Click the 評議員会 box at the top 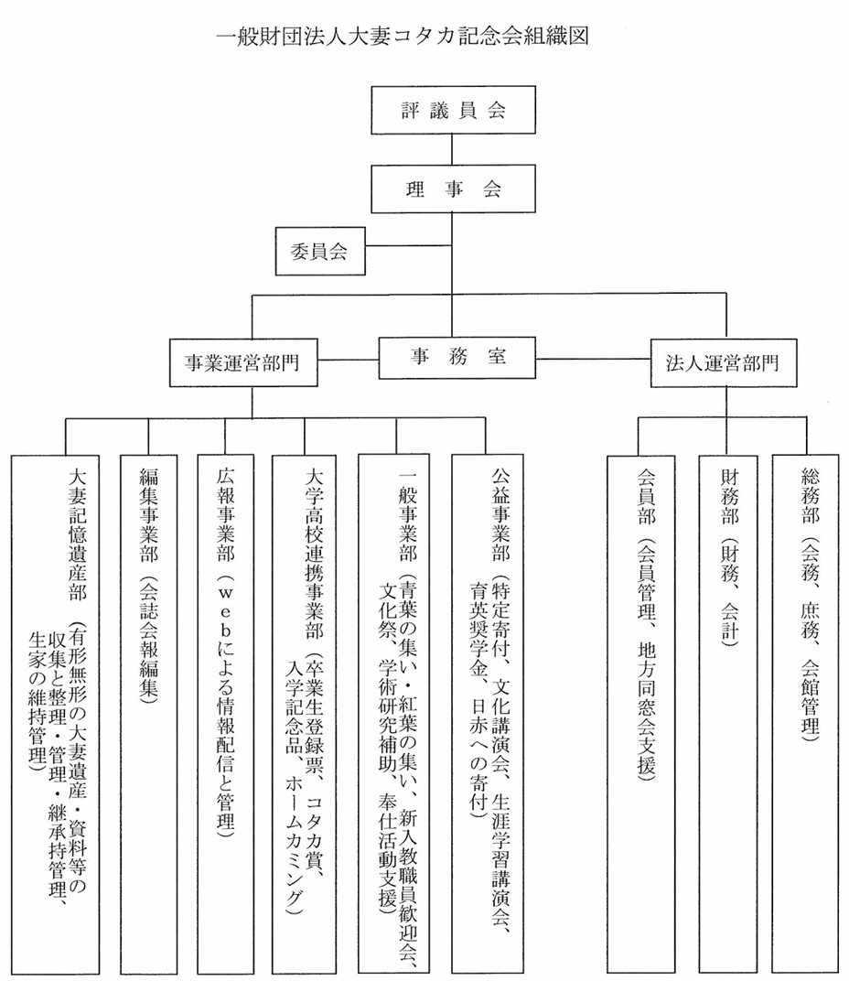click(453, 110)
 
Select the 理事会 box click(453, 189)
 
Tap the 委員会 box click(320, 251)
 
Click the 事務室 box click(457, 358)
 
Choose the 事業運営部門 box click(243, 363)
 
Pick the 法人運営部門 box click(724, 363)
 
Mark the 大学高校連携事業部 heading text click(314, 554)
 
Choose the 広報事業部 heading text click(226, 515)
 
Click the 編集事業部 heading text click(149, 515)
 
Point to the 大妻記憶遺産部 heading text click(78, 535)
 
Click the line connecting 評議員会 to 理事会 click(452, 149)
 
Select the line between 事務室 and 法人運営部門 click(593, 359)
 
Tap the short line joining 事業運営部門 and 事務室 click(348, 360)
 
